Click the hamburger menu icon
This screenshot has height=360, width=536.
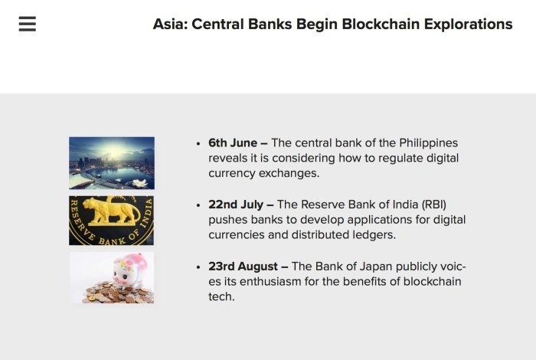28,24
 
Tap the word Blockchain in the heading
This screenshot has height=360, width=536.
381,25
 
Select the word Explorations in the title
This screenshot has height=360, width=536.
469,25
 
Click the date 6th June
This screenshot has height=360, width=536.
233,143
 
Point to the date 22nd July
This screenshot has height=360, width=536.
236,205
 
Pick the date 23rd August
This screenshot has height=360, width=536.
243,267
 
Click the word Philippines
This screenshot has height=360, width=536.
428,143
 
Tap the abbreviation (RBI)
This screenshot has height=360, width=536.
434,205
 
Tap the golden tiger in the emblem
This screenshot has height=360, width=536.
111,211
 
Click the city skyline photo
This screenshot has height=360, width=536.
112,163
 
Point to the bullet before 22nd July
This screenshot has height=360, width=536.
198,205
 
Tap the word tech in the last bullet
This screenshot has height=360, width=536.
221,296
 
